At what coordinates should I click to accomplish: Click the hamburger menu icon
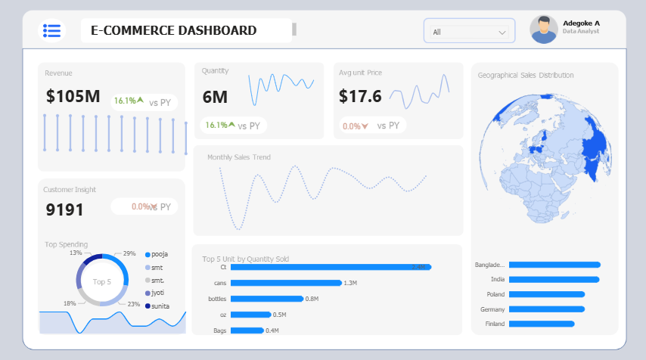[x=51, y=30]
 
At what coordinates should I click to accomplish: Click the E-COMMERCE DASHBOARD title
[x=173, y=31]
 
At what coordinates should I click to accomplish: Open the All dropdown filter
[x=469, y=32]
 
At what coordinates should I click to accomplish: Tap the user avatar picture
[x=544, y=29]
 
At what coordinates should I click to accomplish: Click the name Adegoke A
[x=581, y=23]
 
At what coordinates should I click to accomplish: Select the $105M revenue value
[x=73, y=96]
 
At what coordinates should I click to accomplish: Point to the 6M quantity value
[x=215, y=97]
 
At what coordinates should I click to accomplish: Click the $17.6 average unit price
[x=360, y=96]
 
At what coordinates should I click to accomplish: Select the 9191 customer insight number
[x=65, y=209]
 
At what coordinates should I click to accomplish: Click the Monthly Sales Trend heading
[x=238, y=157]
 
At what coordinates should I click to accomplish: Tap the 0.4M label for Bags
[x=272, y=331]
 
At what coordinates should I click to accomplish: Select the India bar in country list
[x=554, y=280]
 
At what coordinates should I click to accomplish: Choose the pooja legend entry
[x=160, y=254]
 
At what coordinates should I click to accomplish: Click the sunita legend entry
[x=160, y=306]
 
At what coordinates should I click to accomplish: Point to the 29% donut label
[x=129, y=253]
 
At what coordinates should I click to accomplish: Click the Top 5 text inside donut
[x=102, y=281]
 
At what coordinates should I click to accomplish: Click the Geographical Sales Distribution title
[x=526, y=75]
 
